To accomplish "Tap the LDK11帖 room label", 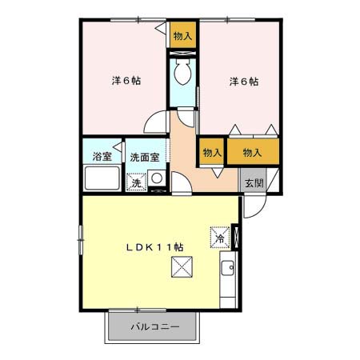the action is coord(154,247).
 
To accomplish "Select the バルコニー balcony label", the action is coord(155,326).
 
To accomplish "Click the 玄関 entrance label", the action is coord(254,183).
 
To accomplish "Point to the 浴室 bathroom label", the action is coord(102,156).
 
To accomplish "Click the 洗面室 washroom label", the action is coord(145,158).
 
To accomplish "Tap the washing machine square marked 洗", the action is coord(137,182).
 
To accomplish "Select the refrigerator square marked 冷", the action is coord(220,238).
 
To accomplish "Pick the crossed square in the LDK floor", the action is coord(182,266).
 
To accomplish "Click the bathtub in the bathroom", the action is coord(102,178).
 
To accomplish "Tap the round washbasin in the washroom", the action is coord(157,178).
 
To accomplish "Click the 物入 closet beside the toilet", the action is coord(183,35).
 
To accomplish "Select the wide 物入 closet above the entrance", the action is coord(253,151).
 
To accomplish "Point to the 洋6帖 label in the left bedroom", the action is coord(126,80).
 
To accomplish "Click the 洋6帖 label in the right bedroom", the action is coord(244,81).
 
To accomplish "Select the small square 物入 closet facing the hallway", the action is coord(212,151).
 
